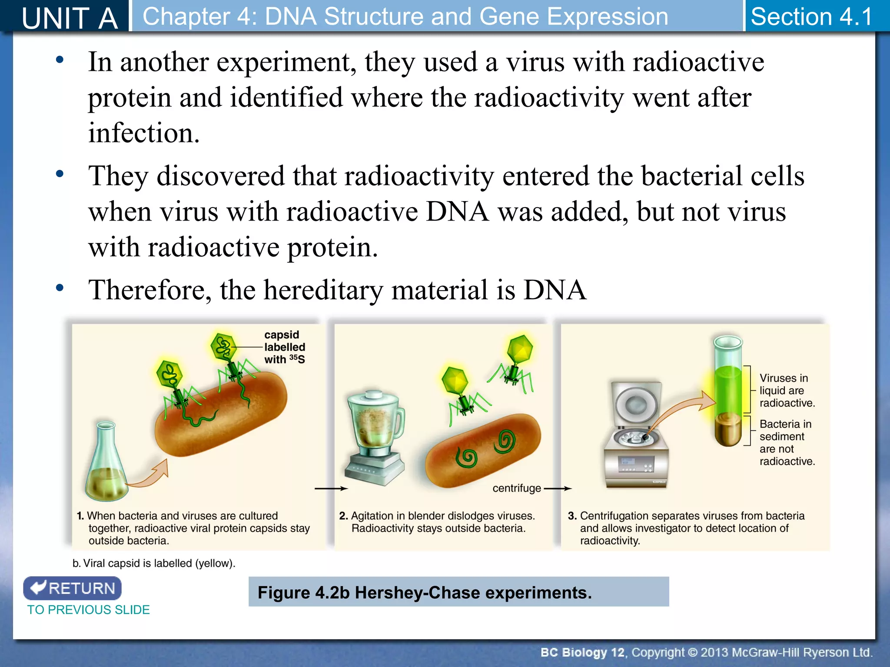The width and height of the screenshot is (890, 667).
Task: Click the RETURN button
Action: tap(72, 588)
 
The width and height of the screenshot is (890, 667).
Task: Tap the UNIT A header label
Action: tap(70, 17)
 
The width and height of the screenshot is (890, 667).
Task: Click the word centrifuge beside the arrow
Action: tap(516, 488)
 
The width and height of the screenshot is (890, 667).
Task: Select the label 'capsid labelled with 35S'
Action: tap(285, 347)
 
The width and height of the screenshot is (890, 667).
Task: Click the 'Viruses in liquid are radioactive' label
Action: tap(787, 390)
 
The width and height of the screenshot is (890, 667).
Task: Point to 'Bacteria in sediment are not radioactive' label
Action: tap(787, 442)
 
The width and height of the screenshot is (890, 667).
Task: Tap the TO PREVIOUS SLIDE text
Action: tap(89, 610)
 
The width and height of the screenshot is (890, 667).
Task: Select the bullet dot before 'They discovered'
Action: tap(60, 174)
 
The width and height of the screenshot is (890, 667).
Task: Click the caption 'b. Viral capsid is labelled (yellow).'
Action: tap(154, 563)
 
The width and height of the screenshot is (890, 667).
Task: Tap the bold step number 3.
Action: tap(572, 516)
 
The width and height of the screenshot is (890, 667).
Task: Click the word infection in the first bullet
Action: tap(143, 133)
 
